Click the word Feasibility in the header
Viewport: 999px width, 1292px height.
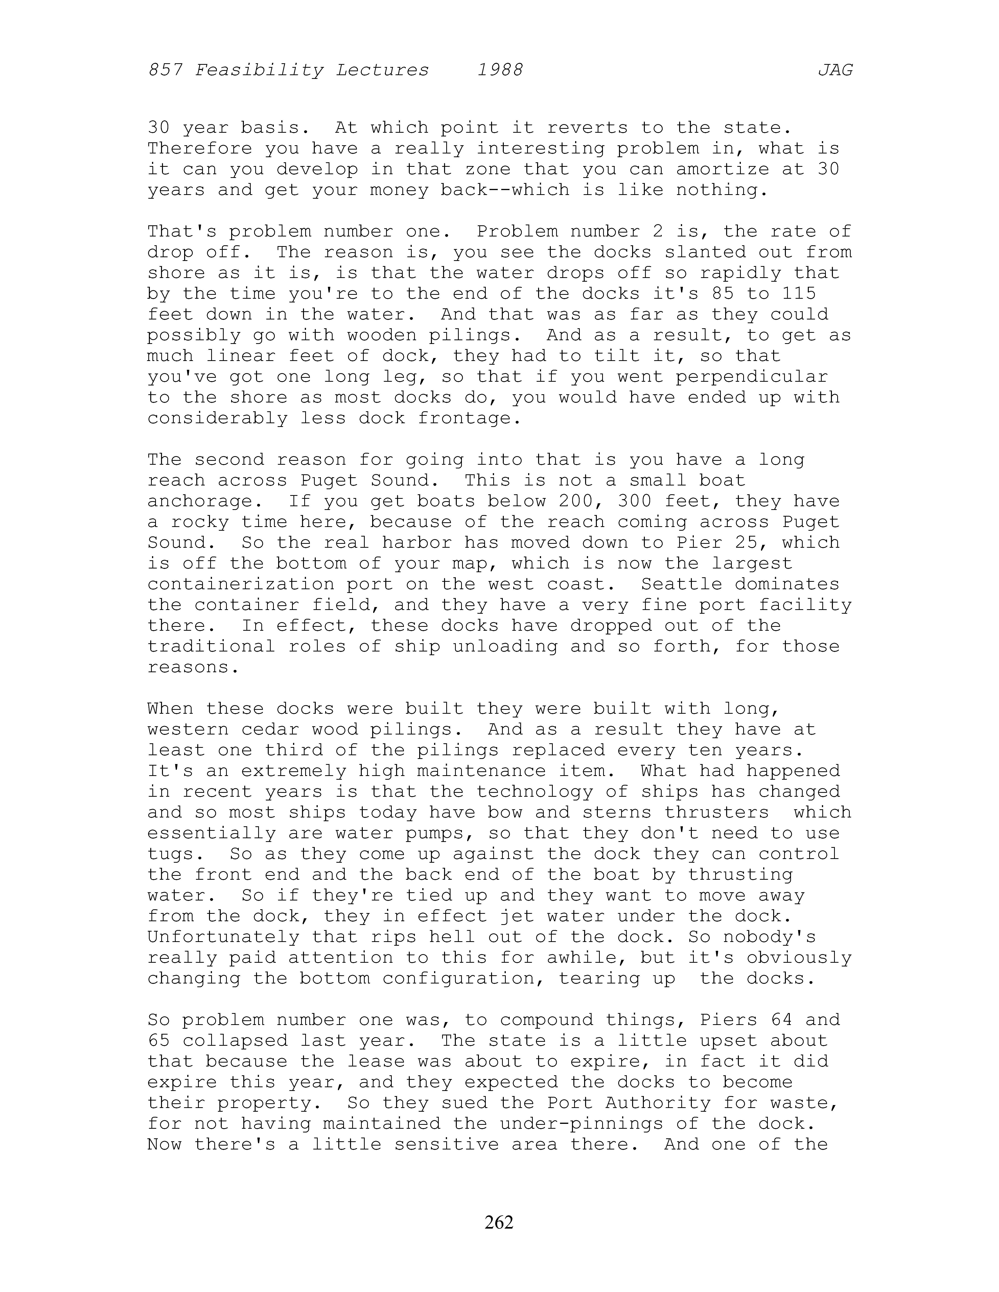(x=259, y=70)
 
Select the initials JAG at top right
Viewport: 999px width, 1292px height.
(x=835, y=70)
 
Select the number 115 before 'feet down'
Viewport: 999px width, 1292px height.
(x=799, y=293)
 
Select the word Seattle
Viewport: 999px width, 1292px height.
(x=681, y=584)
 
